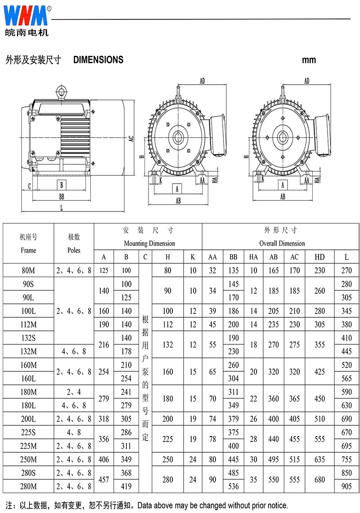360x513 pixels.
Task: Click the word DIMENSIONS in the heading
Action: click(98, 60)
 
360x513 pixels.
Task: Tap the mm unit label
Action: click(309, 60)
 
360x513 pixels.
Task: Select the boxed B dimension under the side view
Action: click(62, 184)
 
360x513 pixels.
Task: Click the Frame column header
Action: click(28, 250)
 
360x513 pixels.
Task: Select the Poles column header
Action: click(74, 250)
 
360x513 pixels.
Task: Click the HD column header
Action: click(319, 257)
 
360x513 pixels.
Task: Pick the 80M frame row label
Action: click(28, 270)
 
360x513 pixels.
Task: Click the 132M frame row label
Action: click(28, 351)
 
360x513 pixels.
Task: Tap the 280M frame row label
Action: click(28, 486)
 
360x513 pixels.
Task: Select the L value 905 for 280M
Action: click(346, 486)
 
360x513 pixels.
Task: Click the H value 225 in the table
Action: click(168, 439)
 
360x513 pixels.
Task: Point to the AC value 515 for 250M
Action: click(295, 459)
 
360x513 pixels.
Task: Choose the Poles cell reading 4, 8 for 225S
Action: click(74, 432)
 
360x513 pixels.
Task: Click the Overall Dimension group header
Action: click(282, 243)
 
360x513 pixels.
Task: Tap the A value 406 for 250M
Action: click(104, 459)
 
